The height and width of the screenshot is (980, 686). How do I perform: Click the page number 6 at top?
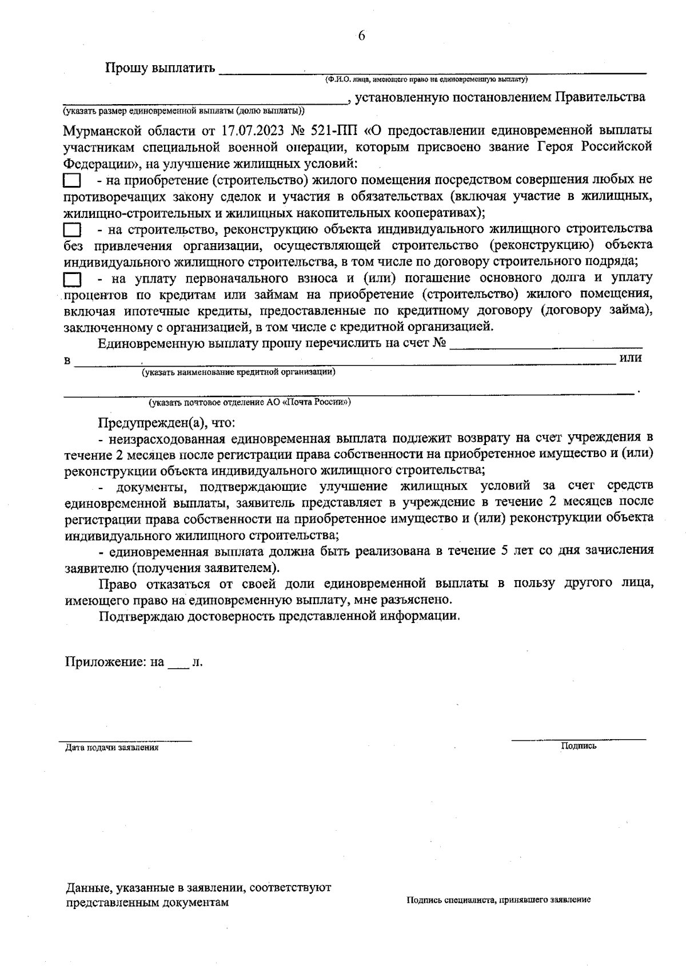(361, 37)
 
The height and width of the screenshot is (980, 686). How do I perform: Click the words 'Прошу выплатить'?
(160, 69)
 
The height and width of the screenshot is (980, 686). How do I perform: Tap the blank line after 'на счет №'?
(546, 344)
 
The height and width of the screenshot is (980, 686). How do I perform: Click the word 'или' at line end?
(631, 358)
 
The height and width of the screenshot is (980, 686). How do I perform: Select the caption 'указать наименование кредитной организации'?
(239, 372)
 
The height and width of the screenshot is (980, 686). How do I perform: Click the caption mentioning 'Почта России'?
(250, 402)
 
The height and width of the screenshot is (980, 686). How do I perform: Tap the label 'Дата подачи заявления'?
(112, 747)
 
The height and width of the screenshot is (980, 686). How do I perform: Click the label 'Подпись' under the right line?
(579, 746)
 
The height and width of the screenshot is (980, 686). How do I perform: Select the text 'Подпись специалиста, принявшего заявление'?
(498, 900)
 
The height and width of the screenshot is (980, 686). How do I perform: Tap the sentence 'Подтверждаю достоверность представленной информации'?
(280, 617)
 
